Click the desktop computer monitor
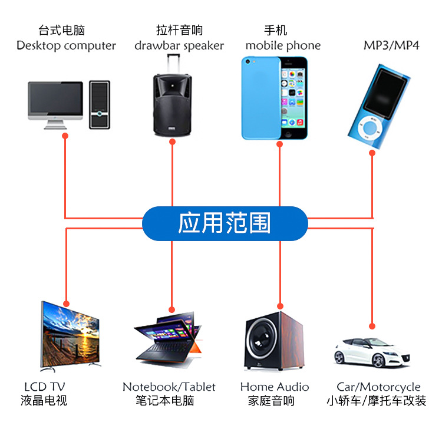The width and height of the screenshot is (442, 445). point(56,100)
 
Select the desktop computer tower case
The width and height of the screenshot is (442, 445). point(100,104)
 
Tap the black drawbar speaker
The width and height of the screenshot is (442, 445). point(173,101)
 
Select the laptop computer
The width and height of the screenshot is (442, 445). point(169,338)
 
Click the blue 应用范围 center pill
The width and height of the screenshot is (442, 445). point(225,223)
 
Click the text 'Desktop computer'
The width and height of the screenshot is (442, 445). point(66,45)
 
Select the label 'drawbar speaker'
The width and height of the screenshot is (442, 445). point(179,45)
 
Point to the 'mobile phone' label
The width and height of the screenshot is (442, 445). point(283,45)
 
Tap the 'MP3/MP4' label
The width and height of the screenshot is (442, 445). point(391,45)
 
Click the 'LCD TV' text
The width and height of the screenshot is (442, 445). point(44,387)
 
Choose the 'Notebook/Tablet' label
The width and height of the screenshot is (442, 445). point(169,387)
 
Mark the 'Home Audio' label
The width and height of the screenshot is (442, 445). point(275,387)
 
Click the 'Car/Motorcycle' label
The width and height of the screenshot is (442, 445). point(378,387)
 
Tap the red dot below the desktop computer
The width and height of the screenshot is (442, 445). point(65,136)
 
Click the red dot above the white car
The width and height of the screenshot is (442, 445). point(372,325)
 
